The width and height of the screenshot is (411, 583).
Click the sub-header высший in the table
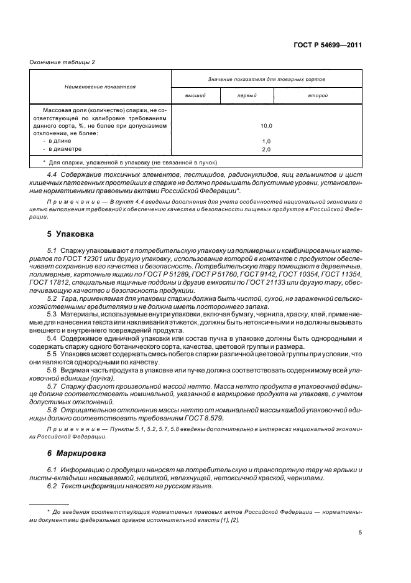pyautogui.click(x=195, y=96)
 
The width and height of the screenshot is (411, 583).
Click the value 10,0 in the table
pyautogui.click(x=266, y=126)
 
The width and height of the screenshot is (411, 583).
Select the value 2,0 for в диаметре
pyautogui.click(x=266, y=149)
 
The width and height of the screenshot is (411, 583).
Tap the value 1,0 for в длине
pyautogui.click(x=266, y=141)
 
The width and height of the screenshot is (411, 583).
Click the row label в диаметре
pyautogui.click(x=64, y=149)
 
